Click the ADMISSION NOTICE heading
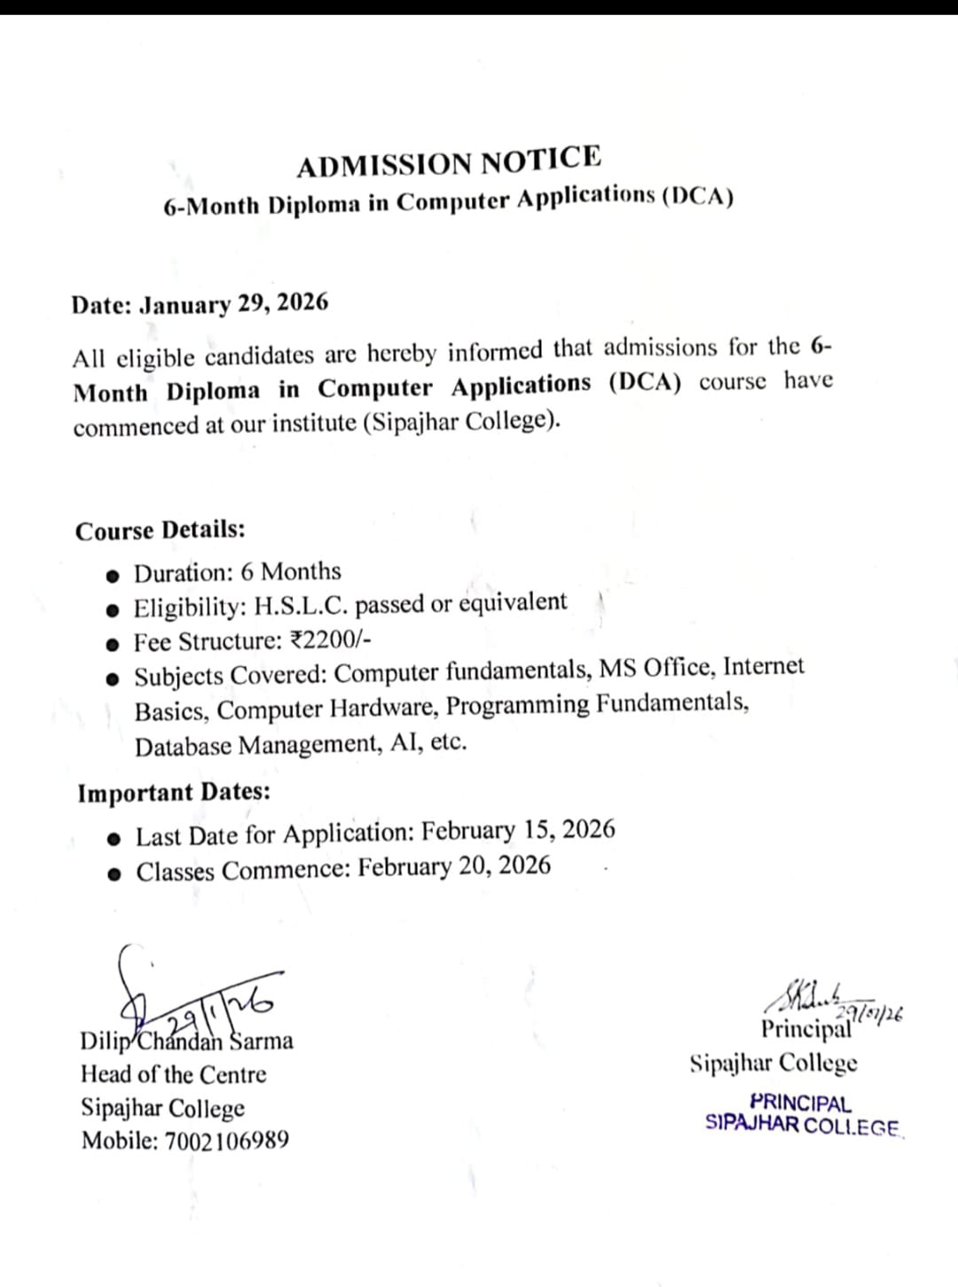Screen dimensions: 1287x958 (x=449, y=161)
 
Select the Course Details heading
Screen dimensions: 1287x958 (x=161, y=530)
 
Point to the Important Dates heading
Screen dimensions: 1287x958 (x=174, y=792)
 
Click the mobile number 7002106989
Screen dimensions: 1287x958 (x=227, y=1141)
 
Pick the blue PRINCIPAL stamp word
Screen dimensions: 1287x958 (x=800, y=1103)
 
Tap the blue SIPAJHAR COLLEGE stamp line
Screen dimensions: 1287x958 (x=803, y=1126)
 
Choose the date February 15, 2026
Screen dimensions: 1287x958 (x=518, y=831)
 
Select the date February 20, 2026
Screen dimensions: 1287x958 (x=454, y=867)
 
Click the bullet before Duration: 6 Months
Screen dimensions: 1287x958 (x=113, y=576)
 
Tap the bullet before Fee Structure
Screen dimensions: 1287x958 (x=113, y=645)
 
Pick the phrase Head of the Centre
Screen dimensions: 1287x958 (x=174, y=1075)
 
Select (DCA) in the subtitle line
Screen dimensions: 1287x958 (x=697, y=196)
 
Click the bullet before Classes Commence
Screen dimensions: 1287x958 (x=114, y=874)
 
